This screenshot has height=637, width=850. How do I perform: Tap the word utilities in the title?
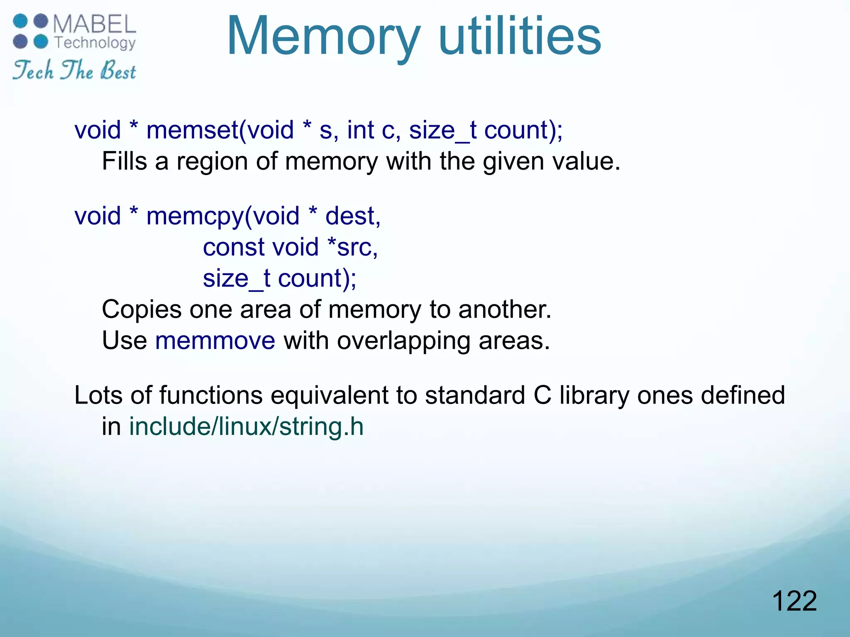pyautogui.click(x=519, y=36)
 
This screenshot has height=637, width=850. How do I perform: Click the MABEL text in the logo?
pyautogui.click(x=94, y=25)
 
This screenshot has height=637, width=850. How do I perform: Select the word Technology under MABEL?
pyautogui.click(x=95, y=43)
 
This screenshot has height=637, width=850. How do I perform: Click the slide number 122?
pyautogui.click(x=794, y=601)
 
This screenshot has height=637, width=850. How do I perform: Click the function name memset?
pyautogui.click(x=192, y=130)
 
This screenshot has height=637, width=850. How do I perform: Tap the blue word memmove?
pyautogui.click(x=215, y=341)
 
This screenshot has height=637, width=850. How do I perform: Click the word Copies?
pyautogui.click(x=142, y=309)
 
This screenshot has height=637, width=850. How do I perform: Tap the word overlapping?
pyautogui.click(x=403, y=341)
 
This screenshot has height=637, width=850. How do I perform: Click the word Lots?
pyautogui.click(x=98, y=395)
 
